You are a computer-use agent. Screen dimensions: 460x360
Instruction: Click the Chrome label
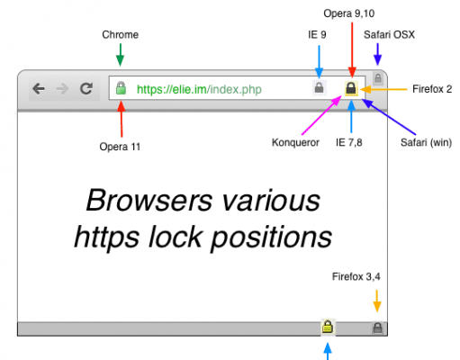click(x=120, y=34)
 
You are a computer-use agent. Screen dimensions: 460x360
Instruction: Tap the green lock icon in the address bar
click(x=121, y=88)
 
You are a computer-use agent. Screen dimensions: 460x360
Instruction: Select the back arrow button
click(x=39, y=88)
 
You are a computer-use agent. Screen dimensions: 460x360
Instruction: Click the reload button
click(x=86, y=88)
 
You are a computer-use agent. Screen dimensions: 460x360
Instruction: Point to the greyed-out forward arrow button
click(x=62, y=89)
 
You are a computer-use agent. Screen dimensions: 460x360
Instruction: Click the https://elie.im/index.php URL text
click(x=199, y=89)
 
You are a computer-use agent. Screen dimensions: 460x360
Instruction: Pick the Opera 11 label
click(x=120, y=147)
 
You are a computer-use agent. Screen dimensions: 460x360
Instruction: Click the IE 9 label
click(x=317, y=34)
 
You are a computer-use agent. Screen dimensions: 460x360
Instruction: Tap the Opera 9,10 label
click(x=349, y=13)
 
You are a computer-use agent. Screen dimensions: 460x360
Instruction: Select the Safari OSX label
click(x=389, y=34)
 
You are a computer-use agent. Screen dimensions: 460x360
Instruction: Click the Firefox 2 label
click(x=432, y=89)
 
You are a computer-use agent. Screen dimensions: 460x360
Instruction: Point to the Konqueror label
click(x=295, y=142)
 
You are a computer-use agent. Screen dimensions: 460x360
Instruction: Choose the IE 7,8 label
click(x=349, y=142)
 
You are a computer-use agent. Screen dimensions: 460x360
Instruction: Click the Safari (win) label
click(x=426, y=142)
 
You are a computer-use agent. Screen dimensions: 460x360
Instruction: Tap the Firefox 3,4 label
click(x=356, y=276)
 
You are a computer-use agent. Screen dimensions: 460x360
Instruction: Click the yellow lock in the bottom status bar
click(x=328, y=327)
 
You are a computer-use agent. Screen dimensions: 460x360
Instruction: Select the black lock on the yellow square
click(x=351, y=88)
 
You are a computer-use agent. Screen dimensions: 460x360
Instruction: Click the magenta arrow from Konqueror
click(x=321, y=114)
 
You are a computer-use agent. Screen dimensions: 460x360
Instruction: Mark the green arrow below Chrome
click(x=121, y=55)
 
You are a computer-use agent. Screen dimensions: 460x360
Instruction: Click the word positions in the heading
click(x=272, y=238)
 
